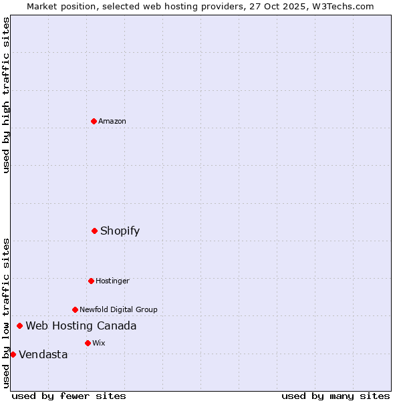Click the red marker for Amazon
click(94, 121)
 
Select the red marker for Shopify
click(94, 231)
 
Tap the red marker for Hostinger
click(91, 281)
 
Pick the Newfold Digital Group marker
click(75, 309)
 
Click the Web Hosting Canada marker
click(19, 325)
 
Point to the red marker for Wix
click(88, 343)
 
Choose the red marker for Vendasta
click(13, 354)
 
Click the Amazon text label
click(112, 121)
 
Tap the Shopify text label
click(120, 231)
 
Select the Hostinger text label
click(112, 281)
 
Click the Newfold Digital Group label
click(118, 309)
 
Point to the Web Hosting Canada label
click(81, 325)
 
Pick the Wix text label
click(99, 343)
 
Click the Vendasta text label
click(43, 354)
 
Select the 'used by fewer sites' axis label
click(69, 396)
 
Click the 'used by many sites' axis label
click(336, 396)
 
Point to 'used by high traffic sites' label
click(7, 95)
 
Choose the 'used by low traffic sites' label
click(7, 312)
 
